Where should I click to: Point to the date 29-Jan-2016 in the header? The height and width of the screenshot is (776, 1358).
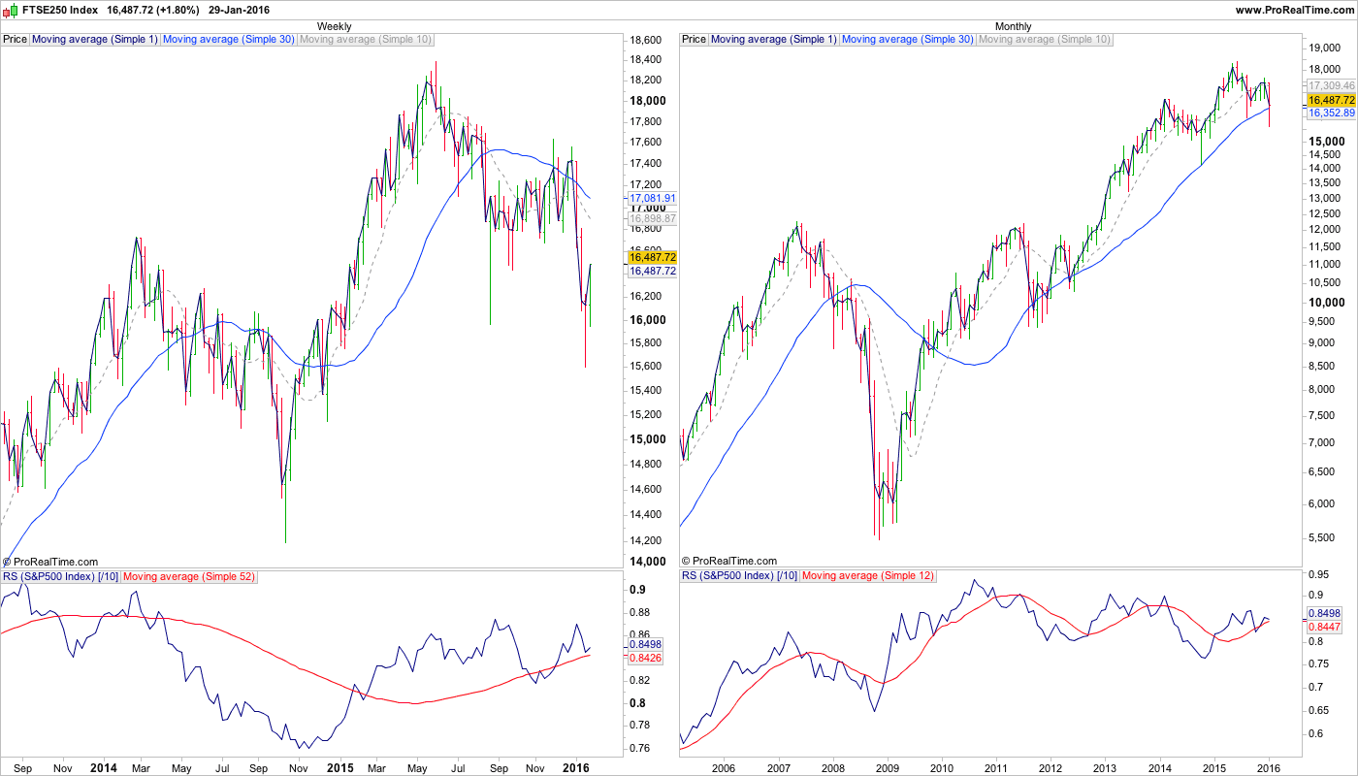[239, 10]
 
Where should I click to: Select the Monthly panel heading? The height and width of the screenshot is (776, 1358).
[1014, 26]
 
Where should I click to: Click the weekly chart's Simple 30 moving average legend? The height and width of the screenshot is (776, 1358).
[229, 40]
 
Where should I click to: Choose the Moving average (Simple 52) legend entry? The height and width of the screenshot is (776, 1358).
[189, 576]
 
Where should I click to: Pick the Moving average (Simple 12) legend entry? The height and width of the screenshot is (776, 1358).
[868, 576]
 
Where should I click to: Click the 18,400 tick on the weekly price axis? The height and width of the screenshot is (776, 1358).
[646, 60]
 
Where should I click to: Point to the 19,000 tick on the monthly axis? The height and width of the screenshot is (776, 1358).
[1325, 48]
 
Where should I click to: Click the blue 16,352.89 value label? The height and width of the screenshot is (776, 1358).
[1330, 113]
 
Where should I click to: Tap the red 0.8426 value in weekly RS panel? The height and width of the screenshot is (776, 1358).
[645, 659]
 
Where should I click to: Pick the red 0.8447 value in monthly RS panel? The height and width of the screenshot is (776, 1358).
[1324, 627]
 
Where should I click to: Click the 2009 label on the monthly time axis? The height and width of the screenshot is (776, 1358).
[887, 768]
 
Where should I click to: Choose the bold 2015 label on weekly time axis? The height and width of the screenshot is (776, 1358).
[339, 768]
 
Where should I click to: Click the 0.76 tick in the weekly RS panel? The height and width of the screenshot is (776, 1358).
[639, 748]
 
